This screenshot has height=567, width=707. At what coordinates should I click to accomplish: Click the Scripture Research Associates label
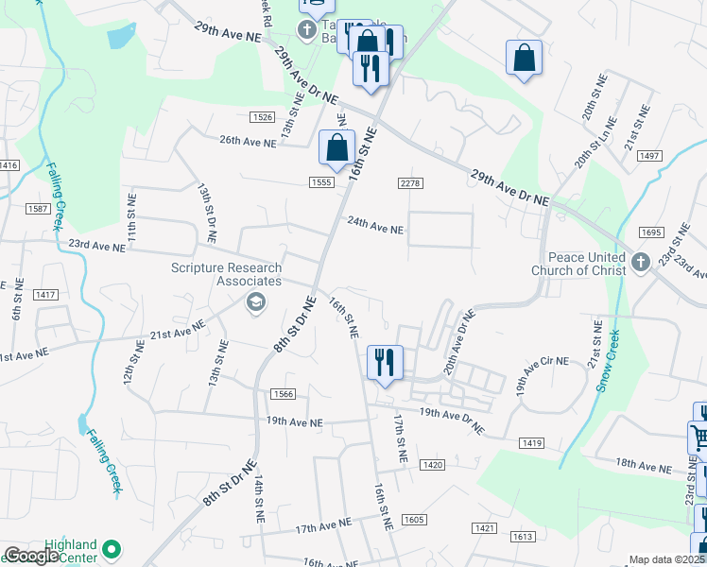pyautogui.click(x=226, y=274)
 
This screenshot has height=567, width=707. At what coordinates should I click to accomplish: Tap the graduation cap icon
pyautogui.click(x=253, y=301)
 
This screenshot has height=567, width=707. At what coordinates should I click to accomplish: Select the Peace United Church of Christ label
pyautogui.click(x=586, y=264)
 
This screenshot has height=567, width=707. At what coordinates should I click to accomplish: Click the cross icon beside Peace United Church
pyautogui.click(x=641, y=262)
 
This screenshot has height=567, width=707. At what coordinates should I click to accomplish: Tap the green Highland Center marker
pyautogui.click(x=112, y=548)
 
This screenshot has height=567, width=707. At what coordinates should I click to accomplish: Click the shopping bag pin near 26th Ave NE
pyautogui.click(x=336, y=148)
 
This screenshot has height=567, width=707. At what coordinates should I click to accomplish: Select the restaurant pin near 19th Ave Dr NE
pyautogui.click(x=385, y=364)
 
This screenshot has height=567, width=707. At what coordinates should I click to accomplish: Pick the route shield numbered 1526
pyautogui.click(x=263, y=117)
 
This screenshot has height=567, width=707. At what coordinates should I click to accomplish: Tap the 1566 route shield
pyautogui.click(x=282, y=394)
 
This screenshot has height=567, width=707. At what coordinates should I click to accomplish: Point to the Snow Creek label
pyautogui.click(x=606, y=361)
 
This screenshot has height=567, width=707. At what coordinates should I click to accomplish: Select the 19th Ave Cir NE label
pyautogui.click(x=543, y=361)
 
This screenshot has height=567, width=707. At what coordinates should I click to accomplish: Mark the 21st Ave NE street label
pyautogui.click(x=178, y=333)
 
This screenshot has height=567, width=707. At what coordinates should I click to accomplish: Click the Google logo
pyautogui.click(x=31, y=556)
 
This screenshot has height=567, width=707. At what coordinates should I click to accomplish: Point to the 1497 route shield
pyautogui.click(x=649, y=155)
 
